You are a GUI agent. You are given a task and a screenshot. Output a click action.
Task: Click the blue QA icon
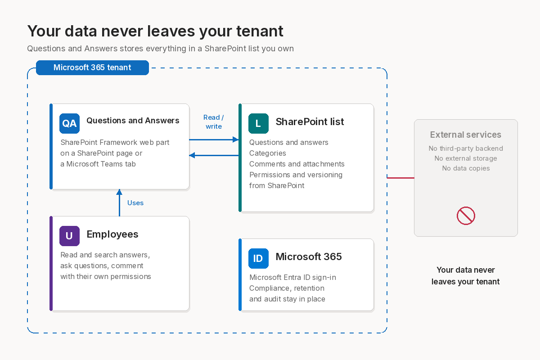[x=69, y=123]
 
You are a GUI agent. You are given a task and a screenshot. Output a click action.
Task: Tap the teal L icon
[x=258, y=123]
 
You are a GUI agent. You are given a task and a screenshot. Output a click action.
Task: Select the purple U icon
[x=69, y=236]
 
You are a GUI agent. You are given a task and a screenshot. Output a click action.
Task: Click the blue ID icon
[x=258, y=258]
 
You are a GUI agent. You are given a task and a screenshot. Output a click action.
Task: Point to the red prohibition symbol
[x=466, y=216]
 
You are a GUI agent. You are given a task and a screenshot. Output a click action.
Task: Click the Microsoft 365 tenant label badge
[x=92, y=67]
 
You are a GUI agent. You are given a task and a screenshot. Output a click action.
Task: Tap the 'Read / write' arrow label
[x=214, y=122]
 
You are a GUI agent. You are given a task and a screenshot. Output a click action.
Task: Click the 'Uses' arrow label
[x=135, y=203]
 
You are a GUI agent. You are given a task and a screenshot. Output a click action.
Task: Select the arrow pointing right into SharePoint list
[x=214, y=139]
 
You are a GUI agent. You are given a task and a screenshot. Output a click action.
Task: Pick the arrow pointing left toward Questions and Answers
[x=214, y=155]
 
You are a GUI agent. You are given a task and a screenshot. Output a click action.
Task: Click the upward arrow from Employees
[x=119, y=202]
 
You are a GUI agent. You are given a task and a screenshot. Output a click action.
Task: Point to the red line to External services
[x=400, y=178]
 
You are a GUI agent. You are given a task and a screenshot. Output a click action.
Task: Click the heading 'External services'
[x=465, y=135]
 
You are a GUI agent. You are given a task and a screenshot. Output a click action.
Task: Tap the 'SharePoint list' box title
[x=310, y=122]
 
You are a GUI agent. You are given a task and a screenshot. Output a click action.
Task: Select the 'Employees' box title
[x=112, y=234]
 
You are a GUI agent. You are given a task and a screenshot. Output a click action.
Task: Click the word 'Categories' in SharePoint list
[x=268, y=153]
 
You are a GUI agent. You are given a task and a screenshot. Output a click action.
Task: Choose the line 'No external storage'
[x=466, y=158]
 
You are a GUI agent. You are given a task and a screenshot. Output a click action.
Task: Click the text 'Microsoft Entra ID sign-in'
[x=292, y=277]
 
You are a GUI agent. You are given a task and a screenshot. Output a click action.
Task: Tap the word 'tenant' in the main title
[x=260, y=31]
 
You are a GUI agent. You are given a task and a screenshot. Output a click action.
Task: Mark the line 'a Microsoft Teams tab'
[x=98, y=164]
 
